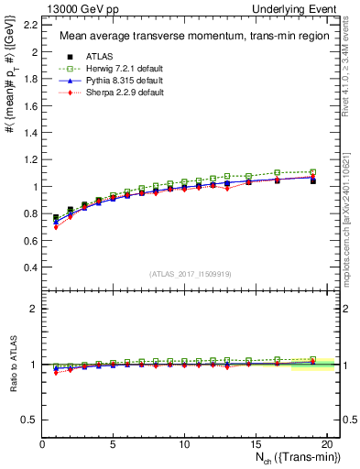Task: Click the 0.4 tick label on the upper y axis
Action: pos(30,267)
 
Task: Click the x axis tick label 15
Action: pos(256,444)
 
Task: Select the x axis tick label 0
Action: pos(42,444)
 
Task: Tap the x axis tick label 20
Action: pos(326,444)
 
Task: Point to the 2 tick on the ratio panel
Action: pos(34,309)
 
